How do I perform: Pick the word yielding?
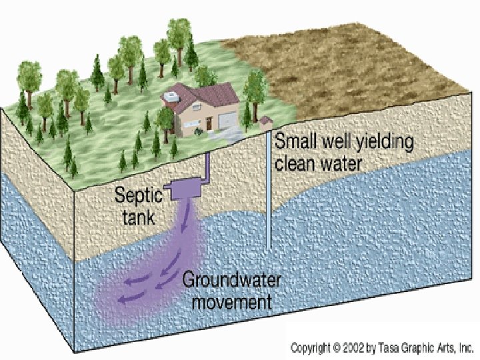(x=386, y=142)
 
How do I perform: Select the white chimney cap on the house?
(x=173, y=97)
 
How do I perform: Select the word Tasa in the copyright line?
(x=389, y=347)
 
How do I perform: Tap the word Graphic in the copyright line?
(x=420, y=347)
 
